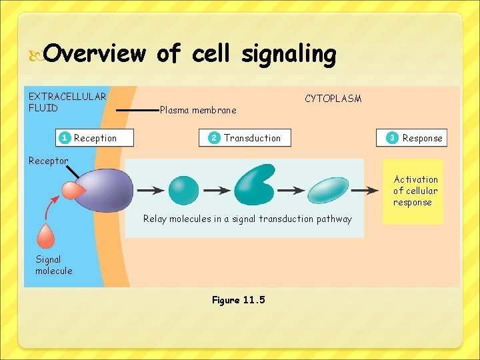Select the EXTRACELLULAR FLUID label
(67, 102)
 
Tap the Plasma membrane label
(198, 110)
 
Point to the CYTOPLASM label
(333, 99)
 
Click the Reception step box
(95, 138)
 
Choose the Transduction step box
(245, 138)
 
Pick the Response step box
(411, 138)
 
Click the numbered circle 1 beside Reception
(64, 138)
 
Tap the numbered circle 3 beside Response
(393, 138)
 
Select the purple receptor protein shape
(107, 191)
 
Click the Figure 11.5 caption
(238, 300)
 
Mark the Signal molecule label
(53, 265)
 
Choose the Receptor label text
(48, 161)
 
